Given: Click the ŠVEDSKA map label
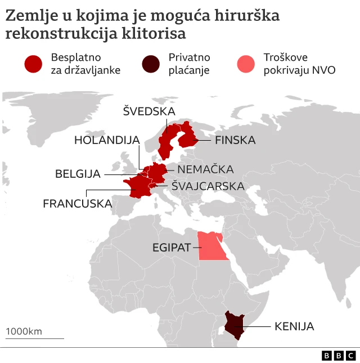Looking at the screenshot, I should [x=149, y=111].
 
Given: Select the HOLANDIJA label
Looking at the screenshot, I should [x=106, y=140].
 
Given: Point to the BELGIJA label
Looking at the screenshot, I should [x=78, y=174].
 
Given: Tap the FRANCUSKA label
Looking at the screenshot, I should [x=77, y=203].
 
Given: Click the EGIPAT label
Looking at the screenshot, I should [x=172, y=247].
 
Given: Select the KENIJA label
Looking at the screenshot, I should [x=294, y=326].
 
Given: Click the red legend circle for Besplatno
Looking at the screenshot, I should [x=34, y=64].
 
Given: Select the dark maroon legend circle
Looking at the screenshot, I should [x=151, y=64].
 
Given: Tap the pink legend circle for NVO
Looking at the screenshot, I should [x=247, y=64].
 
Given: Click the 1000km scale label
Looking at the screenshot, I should [x=24, y=331].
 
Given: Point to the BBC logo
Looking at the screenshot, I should [x=339, y=356].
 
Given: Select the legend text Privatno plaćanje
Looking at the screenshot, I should [x=189, y=64].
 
